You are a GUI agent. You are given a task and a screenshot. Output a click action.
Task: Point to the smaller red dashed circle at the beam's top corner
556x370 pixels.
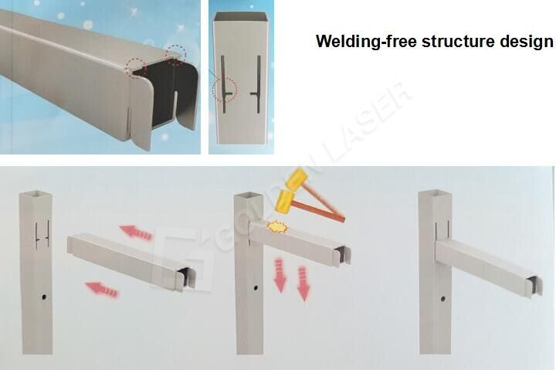tap(177, 54)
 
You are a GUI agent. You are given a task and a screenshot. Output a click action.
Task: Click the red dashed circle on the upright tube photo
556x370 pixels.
tap(225, 90)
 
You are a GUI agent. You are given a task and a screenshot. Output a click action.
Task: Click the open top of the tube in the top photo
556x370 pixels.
tap(242, 18)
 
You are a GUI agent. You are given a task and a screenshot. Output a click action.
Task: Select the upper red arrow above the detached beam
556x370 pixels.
tap(136, 232)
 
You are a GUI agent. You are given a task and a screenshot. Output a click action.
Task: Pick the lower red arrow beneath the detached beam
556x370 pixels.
tap(102, 290)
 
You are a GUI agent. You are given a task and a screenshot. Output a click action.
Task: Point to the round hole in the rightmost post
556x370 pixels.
tap(443, 298)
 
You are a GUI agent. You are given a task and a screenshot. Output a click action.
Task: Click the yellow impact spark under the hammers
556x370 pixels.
tap(276, 227)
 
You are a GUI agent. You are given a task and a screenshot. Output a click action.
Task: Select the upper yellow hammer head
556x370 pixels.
tap(297, 180)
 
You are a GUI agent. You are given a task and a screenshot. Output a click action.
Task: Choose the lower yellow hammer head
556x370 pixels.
tap(283, 202)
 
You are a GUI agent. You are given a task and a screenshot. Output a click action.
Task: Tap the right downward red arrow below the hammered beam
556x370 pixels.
tap(303, 284)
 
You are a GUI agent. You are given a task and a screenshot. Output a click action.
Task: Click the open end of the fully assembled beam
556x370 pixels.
tap(532, 285)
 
